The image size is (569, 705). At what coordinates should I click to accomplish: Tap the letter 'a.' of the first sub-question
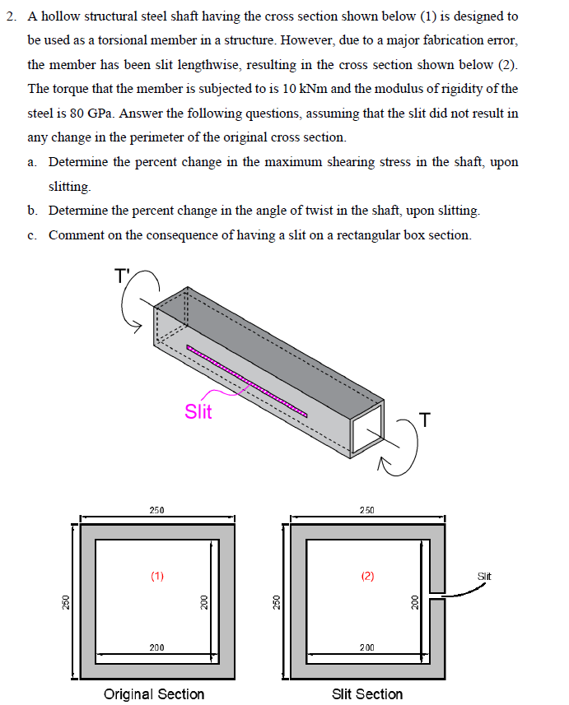[x=32, y=162]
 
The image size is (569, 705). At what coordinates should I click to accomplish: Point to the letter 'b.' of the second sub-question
[x=32, y=211]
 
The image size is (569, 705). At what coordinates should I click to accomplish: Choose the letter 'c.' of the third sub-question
[x=32, y=235]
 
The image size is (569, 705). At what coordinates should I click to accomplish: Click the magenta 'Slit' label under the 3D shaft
[x=198, y=411]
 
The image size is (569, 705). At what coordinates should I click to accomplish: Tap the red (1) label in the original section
[x=157, y=576]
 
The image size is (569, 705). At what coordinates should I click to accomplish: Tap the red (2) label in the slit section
[x=367, y=576]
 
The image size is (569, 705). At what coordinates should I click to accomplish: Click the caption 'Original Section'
[x=154, y=693]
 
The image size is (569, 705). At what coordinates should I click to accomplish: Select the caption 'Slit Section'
[x=367, y=693]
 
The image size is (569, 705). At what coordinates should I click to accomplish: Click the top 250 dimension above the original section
[x=156, y=510]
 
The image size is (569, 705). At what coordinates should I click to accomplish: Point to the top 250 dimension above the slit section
[x=367, y=510]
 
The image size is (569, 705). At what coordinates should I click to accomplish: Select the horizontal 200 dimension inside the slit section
[x=367, y=648]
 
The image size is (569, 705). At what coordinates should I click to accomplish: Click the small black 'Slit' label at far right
[x=484, y=576]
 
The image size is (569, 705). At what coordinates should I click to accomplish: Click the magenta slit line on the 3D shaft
[x=247, y=380]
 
